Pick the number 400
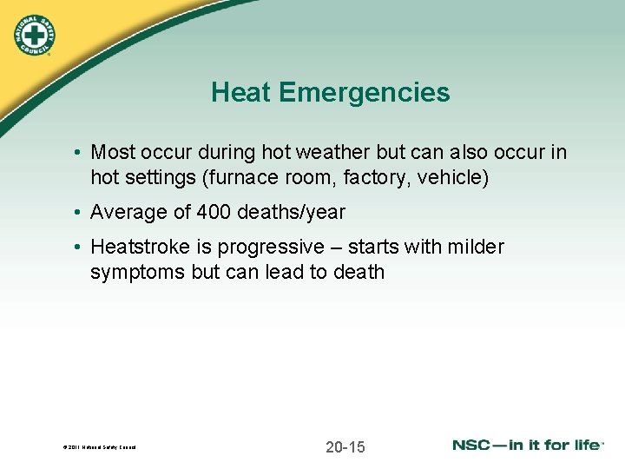coord(213,212)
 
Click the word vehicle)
coord(452,177)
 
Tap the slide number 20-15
coord(345,447)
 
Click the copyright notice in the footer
coord(101,448)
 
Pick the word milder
coord(476,247)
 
